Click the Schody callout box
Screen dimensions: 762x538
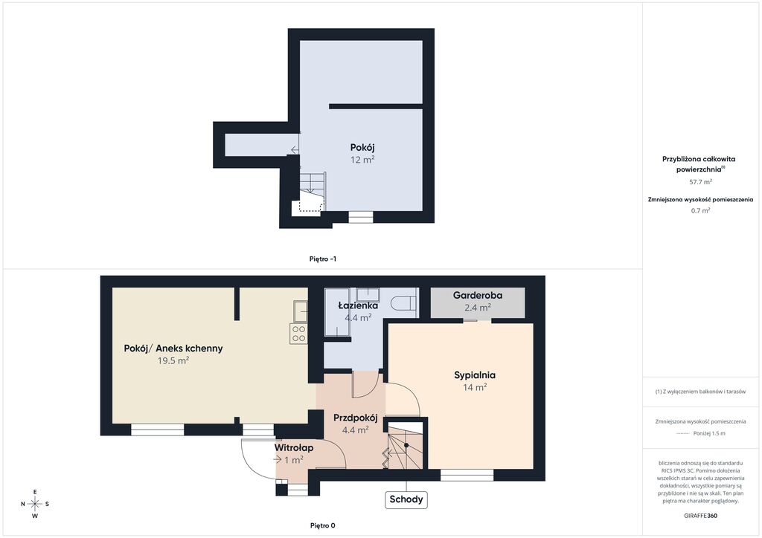click(x=406, y=499)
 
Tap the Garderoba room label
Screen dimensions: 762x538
click(x=478, y=295)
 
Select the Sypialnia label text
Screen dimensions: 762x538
click(x=475, y=375)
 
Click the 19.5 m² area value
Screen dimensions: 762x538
click(x=173, y=360)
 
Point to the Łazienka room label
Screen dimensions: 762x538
click(x=358, y=305)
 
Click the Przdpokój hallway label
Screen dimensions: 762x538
click(x=355, y=418)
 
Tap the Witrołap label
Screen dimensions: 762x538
click(x=293, y=448)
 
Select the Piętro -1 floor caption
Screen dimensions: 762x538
click(x=323, y=259)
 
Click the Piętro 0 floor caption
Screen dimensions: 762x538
click(x=323, y=525)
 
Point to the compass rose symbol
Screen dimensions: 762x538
click(x=35, y=504)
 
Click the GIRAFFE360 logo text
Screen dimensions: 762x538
click(x=699, y=516)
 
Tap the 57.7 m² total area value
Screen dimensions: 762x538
click(x=700, y=182)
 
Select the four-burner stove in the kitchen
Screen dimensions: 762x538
click(x=298, y=334)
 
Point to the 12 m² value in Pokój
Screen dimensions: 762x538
click(x=362, y=160)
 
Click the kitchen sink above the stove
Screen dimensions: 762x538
click(x=300, y=311)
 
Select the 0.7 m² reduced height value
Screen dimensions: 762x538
click(x=700, y=210)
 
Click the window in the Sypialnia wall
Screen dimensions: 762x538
click(x=467, y=475)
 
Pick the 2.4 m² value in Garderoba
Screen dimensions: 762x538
click(x=478, y=308)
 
